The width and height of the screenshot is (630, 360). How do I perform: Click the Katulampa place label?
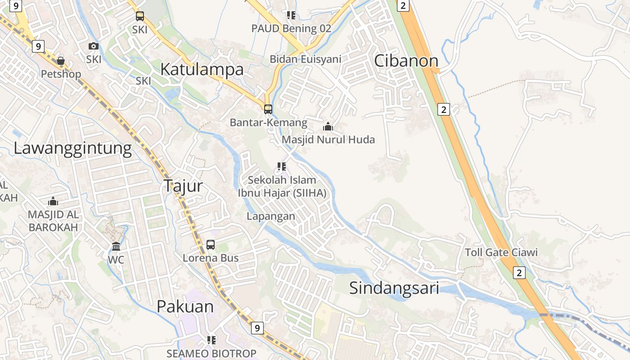pos(202,69)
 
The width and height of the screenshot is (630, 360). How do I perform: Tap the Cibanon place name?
pos(406,61)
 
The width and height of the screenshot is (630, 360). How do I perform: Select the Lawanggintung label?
pos(73,148)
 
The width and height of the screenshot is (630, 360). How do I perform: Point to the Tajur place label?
pos(183,185)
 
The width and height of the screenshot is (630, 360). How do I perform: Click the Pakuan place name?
pos(185,306)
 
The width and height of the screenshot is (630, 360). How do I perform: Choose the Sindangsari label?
pos(394,288)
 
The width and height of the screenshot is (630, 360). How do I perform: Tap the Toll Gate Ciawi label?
pos(501,252)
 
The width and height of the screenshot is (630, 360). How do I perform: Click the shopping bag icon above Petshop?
pos(61,61)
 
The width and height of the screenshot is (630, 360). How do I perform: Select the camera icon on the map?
pos(94,46)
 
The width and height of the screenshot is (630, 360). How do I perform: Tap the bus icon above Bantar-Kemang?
pos(268,109)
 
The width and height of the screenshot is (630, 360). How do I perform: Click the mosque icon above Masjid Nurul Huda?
pos(328,126)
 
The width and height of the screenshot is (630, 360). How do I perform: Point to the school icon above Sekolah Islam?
pos(282,167)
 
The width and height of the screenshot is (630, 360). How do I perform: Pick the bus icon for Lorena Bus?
pos(211,245)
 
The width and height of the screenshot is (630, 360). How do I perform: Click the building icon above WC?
pos(116,246)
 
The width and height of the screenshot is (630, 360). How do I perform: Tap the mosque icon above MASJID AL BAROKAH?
pos(53,201)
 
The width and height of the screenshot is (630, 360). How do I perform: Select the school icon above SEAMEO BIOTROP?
pos(211,340)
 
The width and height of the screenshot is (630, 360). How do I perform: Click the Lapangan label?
pos(271,216)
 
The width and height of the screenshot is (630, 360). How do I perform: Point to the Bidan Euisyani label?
pos(306,59)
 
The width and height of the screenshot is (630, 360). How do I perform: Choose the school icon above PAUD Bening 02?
pos(291,15)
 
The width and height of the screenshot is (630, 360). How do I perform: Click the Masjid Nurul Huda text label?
pos(328,139)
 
